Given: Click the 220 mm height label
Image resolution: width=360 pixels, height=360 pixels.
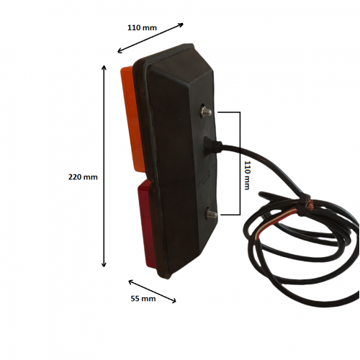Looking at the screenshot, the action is coord(83,177).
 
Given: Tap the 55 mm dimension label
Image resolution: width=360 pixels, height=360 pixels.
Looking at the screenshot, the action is coord(143,299).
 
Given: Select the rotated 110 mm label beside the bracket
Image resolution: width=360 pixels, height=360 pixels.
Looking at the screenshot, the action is coord(247,175).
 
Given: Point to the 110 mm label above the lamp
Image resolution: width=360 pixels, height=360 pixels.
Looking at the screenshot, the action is coord(142,27).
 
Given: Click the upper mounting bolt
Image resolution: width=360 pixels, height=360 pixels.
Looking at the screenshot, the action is coord(206,112).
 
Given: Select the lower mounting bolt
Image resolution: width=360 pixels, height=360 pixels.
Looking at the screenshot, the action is coord(212,215).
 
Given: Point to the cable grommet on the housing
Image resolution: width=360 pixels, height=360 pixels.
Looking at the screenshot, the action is coord(212,145).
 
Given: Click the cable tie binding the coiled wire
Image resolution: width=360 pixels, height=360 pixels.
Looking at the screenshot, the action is coord(303,204).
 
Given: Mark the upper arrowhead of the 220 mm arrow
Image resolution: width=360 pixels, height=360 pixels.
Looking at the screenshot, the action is coord(104,68).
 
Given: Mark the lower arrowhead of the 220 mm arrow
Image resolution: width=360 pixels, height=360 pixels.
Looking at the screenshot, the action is coord(104,264).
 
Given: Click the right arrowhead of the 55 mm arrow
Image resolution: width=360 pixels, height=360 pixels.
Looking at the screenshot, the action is coord(174,300).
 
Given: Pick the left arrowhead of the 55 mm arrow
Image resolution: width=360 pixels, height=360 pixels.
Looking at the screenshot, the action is coord(131,282).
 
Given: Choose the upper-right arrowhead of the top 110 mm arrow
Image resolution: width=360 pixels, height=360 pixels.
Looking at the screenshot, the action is coord(181,24).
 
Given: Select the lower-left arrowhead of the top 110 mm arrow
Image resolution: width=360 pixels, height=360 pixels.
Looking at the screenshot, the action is coord(120,50).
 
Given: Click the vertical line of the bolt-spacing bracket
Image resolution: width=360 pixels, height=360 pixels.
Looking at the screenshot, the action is coord(240,163).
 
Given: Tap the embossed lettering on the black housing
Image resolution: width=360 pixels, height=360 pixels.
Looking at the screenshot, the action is coord(205,176).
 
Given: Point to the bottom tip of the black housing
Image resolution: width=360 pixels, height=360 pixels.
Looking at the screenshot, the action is coord(168,278).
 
